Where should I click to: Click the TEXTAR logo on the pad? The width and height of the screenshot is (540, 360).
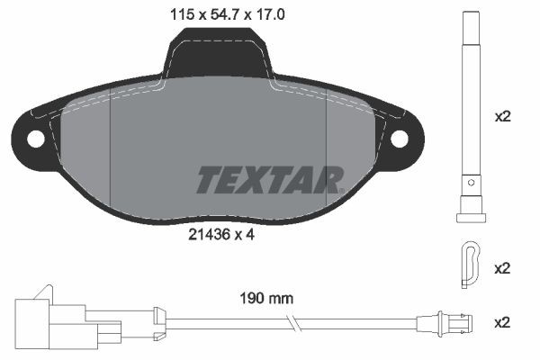pyautogui.click(x=269, y=179)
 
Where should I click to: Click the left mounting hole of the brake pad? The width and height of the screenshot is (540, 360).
pyautogui.click(x=36, y=139)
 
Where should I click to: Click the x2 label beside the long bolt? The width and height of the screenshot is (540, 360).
pyautogui.click(x=503, y=117)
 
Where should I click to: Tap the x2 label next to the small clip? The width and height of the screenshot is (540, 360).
pyautogui.click(x=503, y=267)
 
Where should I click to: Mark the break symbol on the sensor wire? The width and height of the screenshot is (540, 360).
pyautogui.click(x=292, y=321)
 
